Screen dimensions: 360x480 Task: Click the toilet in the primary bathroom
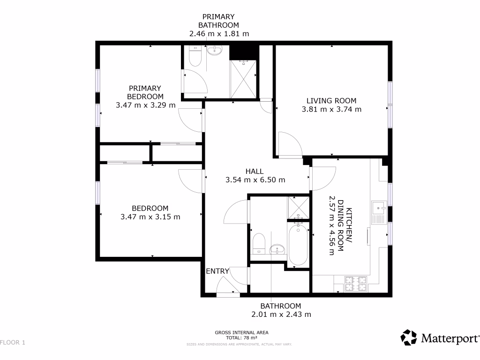[195, 58]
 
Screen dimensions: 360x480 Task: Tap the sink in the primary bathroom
[215, 51]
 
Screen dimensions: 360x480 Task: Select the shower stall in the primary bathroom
[243, 79]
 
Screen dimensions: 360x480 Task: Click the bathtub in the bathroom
[298, 245]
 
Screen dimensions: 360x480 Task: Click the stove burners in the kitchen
[356, 284]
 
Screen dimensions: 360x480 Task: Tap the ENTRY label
[217, 271]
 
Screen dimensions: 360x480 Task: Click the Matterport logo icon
[409, 337]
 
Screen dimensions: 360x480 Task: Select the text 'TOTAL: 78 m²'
[241, 337]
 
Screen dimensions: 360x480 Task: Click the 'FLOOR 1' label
[13, 343]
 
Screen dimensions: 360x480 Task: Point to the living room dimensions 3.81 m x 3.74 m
[331, 110]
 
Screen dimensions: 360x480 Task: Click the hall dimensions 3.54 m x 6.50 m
[255, 180]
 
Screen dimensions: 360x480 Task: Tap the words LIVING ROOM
[331, 100]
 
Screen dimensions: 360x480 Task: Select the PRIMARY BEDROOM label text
[145, 92]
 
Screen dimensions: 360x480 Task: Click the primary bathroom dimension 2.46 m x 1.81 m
[218, 34]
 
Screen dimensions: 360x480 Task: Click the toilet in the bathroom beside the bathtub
[259, 243]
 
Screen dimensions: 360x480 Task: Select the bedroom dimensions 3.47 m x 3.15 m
[150, 217]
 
